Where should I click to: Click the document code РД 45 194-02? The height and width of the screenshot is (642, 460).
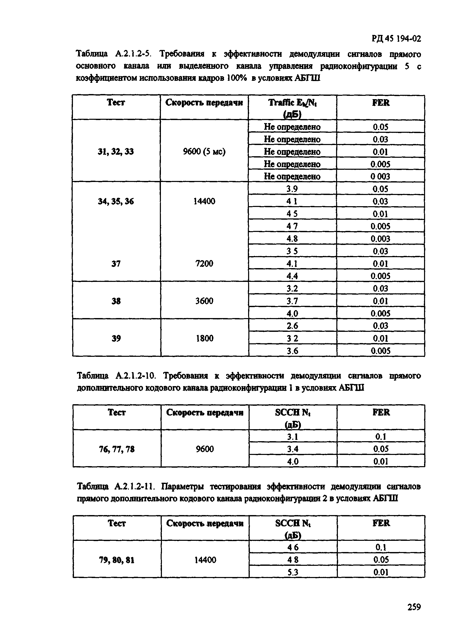396,38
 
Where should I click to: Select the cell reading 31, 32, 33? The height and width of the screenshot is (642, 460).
116,152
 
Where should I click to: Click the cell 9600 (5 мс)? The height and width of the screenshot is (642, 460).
204,152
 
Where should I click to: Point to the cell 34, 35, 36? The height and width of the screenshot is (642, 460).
116,201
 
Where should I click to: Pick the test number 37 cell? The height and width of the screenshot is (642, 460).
116,264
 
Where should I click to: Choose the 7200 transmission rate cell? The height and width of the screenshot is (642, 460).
204,264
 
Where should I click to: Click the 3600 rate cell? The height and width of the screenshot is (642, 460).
204,301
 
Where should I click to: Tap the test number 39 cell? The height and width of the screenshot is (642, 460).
116,338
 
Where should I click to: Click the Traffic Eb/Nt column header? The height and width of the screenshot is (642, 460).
292,108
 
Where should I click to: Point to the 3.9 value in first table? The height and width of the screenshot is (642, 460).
292,189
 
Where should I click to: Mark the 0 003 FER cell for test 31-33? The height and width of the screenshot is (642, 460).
380,176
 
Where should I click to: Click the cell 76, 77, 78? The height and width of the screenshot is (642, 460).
117,449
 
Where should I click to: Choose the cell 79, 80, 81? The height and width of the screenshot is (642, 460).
117,560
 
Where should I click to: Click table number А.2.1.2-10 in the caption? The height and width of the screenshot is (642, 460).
135,376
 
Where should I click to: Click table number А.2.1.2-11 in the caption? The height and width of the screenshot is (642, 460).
134,487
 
